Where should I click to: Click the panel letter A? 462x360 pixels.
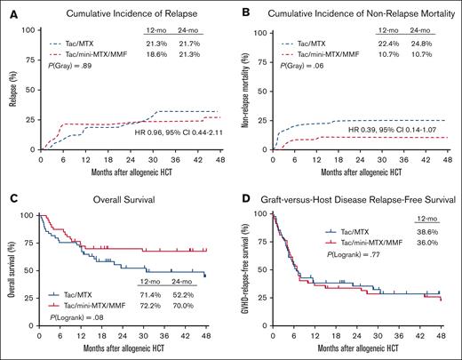pos(5,8)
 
